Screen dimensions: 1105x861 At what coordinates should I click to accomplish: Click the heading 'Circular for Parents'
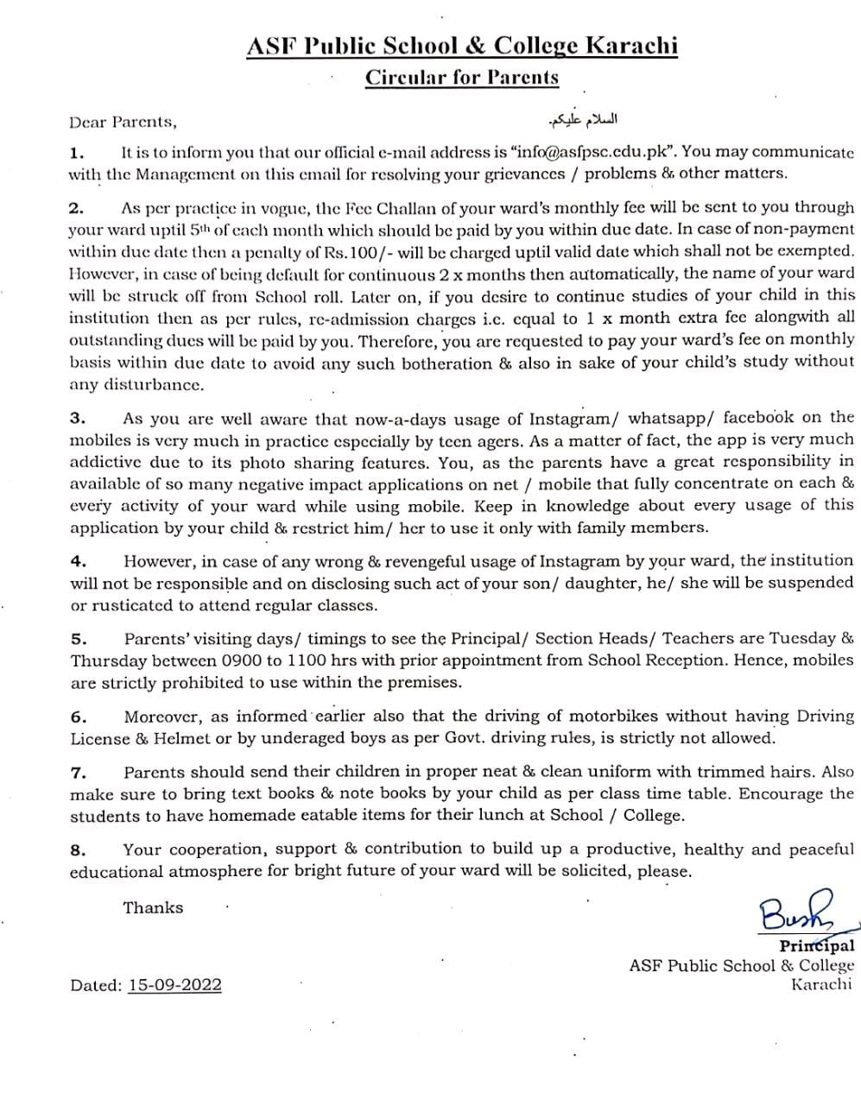tap(462, 78)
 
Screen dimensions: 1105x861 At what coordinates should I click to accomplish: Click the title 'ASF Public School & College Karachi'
tap(462, 47)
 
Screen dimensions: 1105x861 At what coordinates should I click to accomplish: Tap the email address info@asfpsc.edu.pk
tap(587, 152)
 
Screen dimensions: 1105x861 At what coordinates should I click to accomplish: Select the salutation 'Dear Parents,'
tap(123, 122)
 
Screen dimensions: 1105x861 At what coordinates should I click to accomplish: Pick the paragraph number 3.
tap(77, 418)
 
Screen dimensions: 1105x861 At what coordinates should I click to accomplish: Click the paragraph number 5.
tap(79, 639)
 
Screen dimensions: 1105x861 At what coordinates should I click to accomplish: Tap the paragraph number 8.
tap(78, 849)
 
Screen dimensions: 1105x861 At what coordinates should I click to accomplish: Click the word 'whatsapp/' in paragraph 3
tap(671, 419)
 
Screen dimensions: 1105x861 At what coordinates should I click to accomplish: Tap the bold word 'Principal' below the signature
tap(816, 945)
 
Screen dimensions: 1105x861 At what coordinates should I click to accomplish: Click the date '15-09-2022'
tap(174, 985)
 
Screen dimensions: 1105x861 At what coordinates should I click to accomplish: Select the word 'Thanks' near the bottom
tap(153, 907)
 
